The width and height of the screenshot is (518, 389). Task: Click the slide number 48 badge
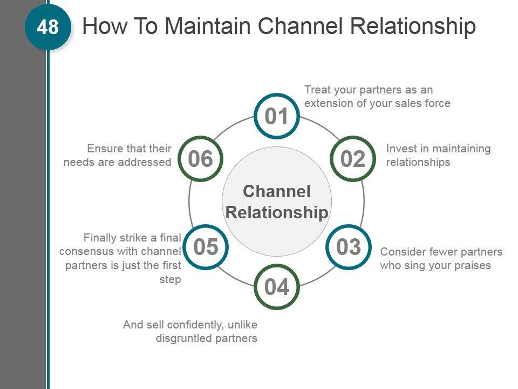(47, 27)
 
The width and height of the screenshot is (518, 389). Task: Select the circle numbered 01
(277, 117)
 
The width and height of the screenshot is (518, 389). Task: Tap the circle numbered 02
(353, 159)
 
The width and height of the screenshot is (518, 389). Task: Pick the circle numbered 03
(349, 247)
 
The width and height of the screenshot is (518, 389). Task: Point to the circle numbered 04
(277, 287)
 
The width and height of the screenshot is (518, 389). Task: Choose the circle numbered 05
(206, 247)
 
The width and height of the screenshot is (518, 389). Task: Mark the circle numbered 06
(200, 159)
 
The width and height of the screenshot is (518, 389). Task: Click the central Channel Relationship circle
(277, 202)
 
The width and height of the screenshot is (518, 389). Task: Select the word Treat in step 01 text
(317, 90)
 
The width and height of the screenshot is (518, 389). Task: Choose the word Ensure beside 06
(105, 149)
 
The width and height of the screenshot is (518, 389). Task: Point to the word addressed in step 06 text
(147, 162)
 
